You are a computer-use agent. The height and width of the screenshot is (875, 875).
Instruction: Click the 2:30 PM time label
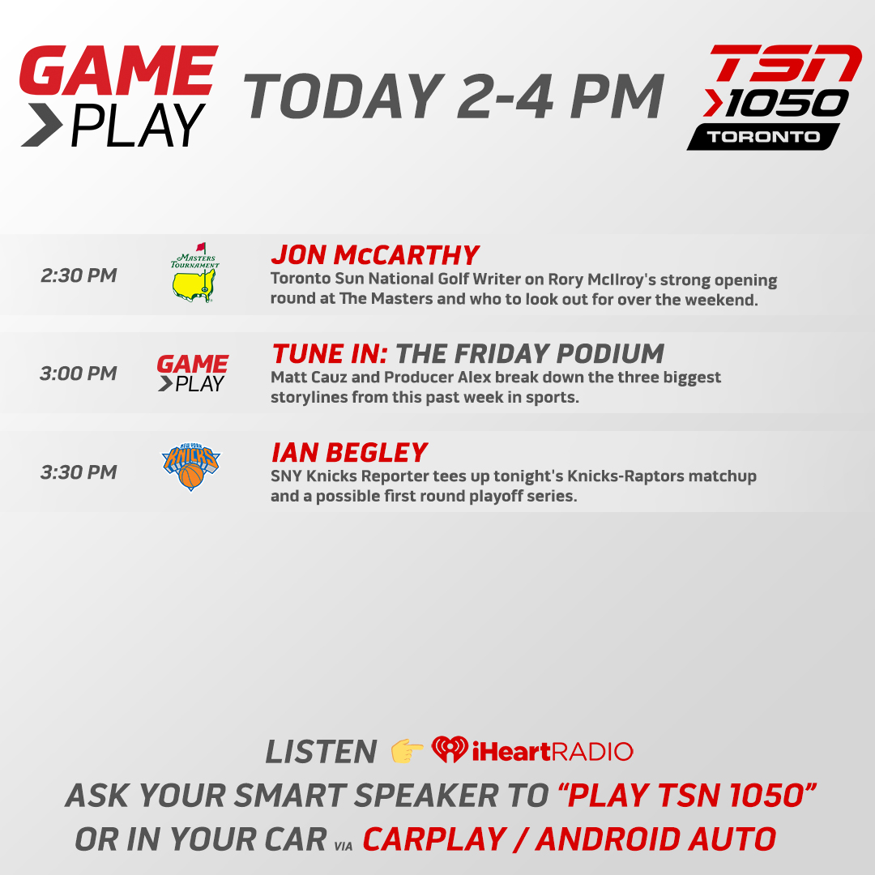[79, 275]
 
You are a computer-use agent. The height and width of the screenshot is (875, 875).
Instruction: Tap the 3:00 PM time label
[79, 373]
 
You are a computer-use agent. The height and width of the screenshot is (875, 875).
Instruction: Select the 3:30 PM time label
[79, 472]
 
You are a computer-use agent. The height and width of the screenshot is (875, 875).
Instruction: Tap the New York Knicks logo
[191, 467]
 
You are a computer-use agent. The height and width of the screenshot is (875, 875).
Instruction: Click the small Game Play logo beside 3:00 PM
[193, 373]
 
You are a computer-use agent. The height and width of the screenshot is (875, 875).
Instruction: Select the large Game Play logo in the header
[118, 96]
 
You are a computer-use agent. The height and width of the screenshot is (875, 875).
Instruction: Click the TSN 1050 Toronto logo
[773, 97]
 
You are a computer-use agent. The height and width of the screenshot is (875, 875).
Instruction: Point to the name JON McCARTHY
[375, 255]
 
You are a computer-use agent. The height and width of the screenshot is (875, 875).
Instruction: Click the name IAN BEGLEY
[349, 452]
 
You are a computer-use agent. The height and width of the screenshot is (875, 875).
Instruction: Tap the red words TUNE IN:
[330, 353]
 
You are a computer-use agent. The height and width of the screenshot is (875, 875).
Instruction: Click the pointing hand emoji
[408, 751]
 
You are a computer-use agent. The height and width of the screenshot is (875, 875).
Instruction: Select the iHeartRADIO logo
[532, 750]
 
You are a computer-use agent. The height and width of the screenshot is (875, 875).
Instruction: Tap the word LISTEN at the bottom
[321, 752]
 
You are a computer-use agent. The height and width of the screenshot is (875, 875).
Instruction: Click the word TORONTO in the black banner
[763, 136]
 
